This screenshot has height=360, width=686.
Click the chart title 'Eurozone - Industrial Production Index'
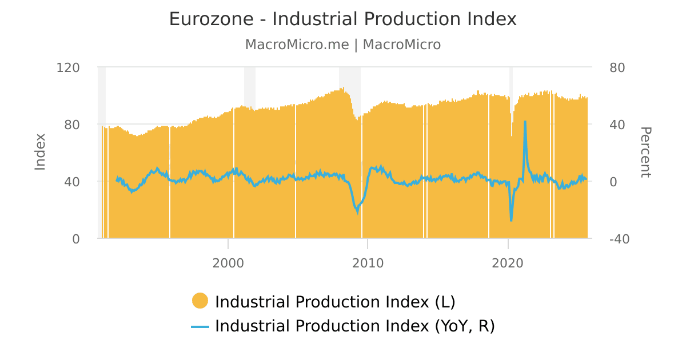(x=342, y=19)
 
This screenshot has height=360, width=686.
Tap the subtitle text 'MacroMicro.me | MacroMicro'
(x=342, y=45)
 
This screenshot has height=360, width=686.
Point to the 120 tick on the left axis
(x=68, y=67)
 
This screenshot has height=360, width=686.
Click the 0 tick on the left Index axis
(x=75, y=239)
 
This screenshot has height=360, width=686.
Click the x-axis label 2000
(x=228, y=263)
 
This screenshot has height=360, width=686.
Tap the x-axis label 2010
(x=368, y=263)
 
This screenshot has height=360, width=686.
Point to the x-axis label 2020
(x=508, y=263)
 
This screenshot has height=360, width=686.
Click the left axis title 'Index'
(x=40, y=151)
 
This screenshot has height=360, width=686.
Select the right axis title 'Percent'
(x=645, y=153)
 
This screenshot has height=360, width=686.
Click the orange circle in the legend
(x=200, y=301)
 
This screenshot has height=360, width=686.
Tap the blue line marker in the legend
(x=200, y=326)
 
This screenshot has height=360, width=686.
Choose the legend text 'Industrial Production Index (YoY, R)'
(x=354, y=326)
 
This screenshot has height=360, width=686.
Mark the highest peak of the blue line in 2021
(x=525, y=122)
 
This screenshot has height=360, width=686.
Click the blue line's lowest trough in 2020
(x=511, y=220)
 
